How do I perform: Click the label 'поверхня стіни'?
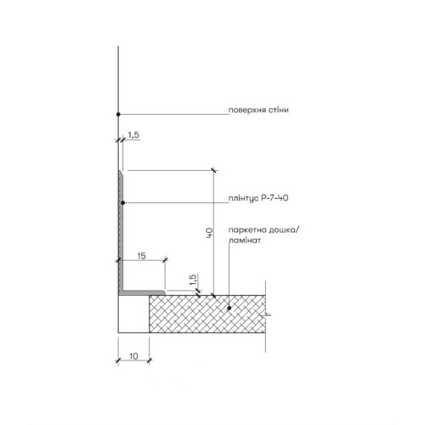coord(258,110)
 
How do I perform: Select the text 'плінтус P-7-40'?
coord(258,198)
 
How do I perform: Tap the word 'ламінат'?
coord(245,241)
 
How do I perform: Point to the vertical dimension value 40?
coord(209,233)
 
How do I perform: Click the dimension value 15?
coord(141,256)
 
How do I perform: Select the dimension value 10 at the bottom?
coord(133,356)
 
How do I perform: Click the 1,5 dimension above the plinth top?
coord(133,135)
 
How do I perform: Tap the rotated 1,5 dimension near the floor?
coord(193,280)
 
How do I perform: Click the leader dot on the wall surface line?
coord(118,114)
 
